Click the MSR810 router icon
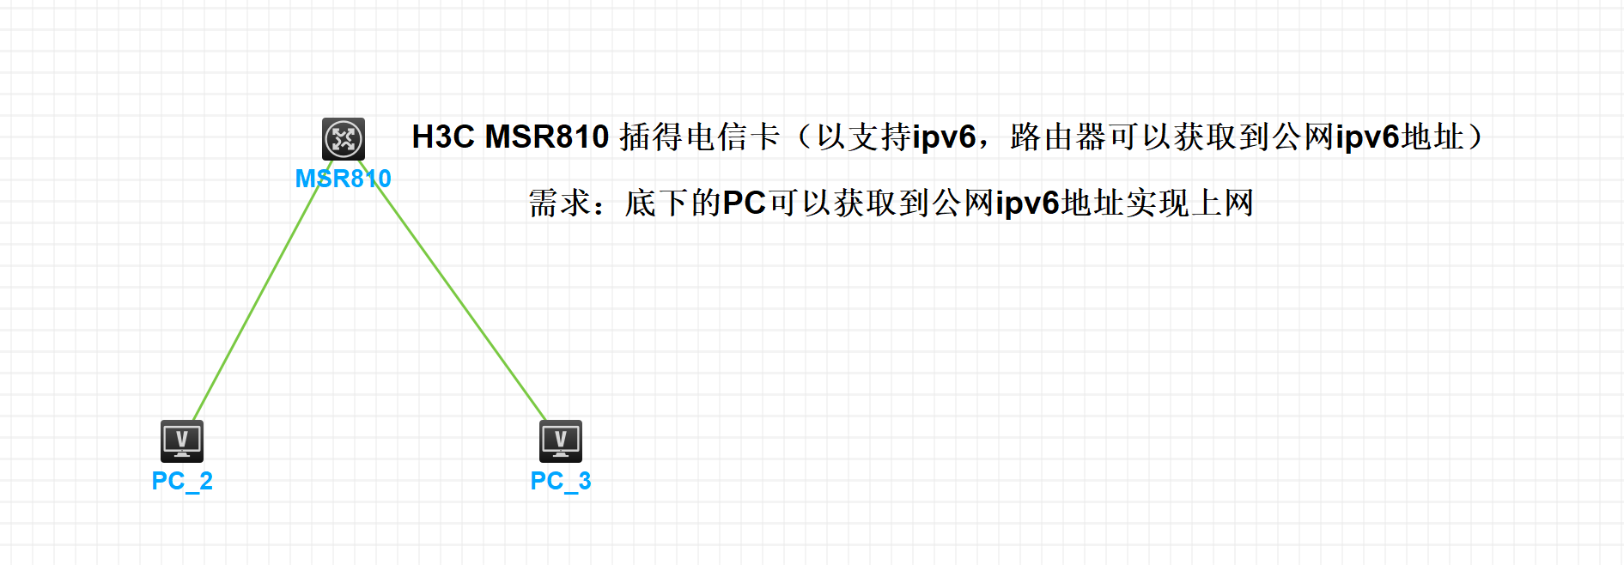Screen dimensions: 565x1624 point(344,138)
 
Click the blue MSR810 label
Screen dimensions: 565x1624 point(343,179)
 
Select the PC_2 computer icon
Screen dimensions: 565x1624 point(182,441)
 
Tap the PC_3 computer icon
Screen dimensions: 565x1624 point(561,441)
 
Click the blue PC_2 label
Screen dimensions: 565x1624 point(182,481)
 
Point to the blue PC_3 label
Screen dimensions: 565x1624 point(561,481)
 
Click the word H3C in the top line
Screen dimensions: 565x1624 point(442,137)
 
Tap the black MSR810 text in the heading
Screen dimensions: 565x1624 point(547,137)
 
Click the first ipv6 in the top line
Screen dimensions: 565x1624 point(944,137)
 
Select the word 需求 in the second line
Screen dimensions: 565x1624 point(559,204)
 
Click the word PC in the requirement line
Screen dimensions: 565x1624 point(744,204)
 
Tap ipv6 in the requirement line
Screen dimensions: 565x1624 point(1028,204)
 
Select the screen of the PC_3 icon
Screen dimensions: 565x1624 point(561,439)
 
